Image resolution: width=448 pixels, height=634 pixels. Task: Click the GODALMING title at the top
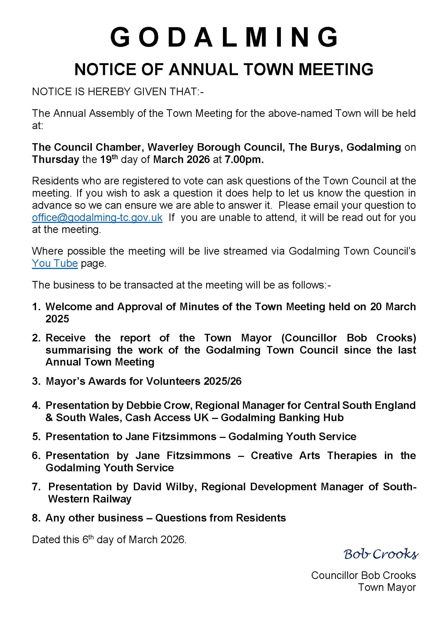(x=224, y=37)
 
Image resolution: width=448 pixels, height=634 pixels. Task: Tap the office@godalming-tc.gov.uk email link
(x=97, y=217)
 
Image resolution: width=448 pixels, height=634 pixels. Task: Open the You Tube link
(x=55, y=263)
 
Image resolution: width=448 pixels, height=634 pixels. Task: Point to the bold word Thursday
(x=56, y=160)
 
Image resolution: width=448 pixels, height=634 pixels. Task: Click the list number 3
(x=36, y=381)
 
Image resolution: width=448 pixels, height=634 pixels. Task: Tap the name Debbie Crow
(x=160, y=405)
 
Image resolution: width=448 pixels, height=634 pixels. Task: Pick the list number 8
(x=36, y=518)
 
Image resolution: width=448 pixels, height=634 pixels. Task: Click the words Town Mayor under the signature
(x=387, y=587)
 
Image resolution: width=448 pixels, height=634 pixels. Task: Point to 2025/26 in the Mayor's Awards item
(x=222, y=381)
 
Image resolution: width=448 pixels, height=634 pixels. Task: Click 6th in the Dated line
(x=87, y=539)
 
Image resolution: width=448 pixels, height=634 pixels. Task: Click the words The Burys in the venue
(x=315, y=147)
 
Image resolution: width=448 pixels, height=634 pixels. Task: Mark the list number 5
(x=36, y=437)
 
